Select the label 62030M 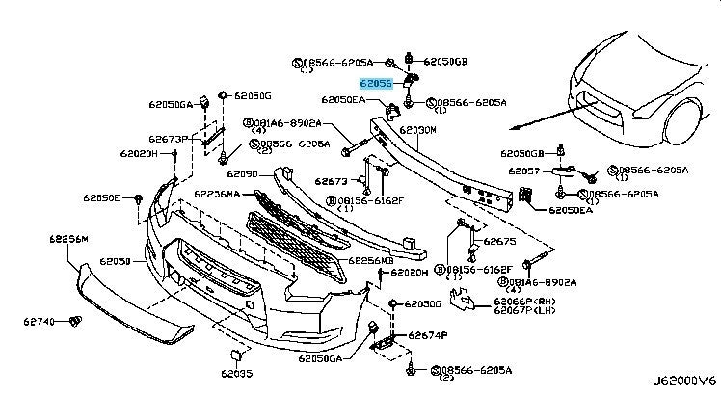(x=418, y=129)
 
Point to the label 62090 (x=243, y=174)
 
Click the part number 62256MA (x=221, y=194)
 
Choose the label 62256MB (x=371, y=260)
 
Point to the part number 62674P (x=428, y=335)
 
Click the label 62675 (x=499, y=242)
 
